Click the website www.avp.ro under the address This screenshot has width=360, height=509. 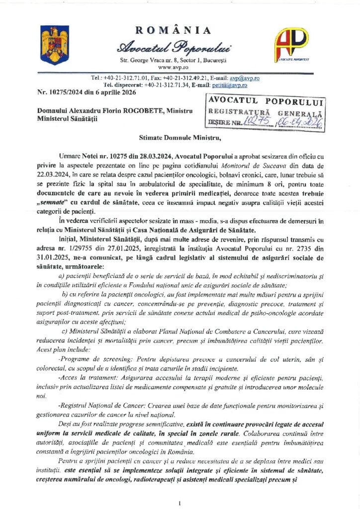pyautogui.click(x=172, y=66)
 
